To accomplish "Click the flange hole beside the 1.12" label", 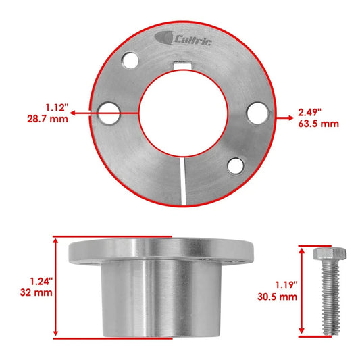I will click(x=107, y=113).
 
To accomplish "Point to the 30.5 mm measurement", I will click(x=278, y=296).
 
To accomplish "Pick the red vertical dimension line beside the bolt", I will click(x=301, y=290).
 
